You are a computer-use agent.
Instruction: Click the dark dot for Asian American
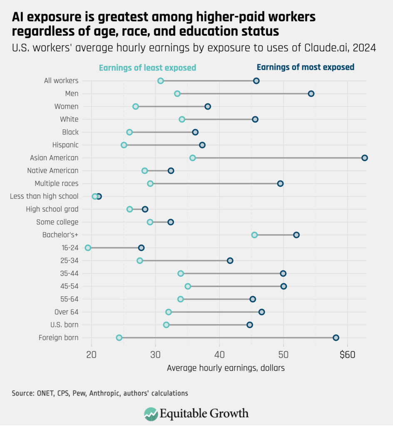pyautogui.click(x=365, y=158)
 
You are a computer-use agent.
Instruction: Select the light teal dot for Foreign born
pyautogui.click(x=119, y=337)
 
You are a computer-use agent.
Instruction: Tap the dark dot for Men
pyautogui.click(x=311, y=94)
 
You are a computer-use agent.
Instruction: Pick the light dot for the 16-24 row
pyautogui.click(x=88, y=248)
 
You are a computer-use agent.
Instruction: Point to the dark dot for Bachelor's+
pyautogui.click(x=296, y=235)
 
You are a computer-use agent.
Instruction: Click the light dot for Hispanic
pyautogui.click(x=124, y=145)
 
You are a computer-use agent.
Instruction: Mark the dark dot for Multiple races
pyautogui.click(x=280, y=183)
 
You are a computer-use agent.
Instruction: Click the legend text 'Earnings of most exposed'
pyautogui.click(x=306, y=67)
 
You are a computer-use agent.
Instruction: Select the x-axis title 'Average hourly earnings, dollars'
pyautogui.click(x=226, y=368)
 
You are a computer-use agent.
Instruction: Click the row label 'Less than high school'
pyautogui.click(x=44, y=196)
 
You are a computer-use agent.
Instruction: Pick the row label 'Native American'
pyautogui.click(x=52, y=171)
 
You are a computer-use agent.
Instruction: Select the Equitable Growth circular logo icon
pyautogui.click(x=151, y=414)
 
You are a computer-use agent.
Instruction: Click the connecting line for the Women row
pyautogui.click(x=172, y=106)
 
